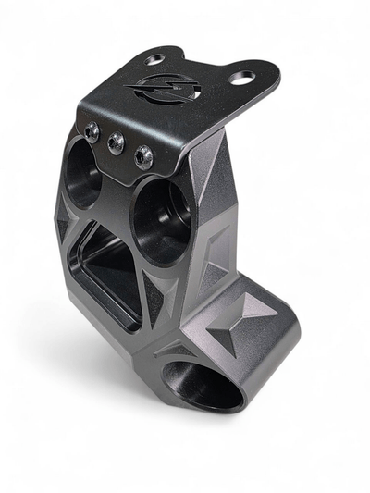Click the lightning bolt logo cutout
point(152,92)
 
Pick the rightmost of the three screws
point(143,156)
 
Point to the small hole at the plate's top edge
point(154,59)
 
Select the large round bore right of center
point(161,220)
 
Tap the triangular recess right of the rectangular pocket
point(164,297)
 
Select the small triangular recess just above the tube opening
point(176,349)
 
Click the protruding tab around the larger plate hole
point(252,79)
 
